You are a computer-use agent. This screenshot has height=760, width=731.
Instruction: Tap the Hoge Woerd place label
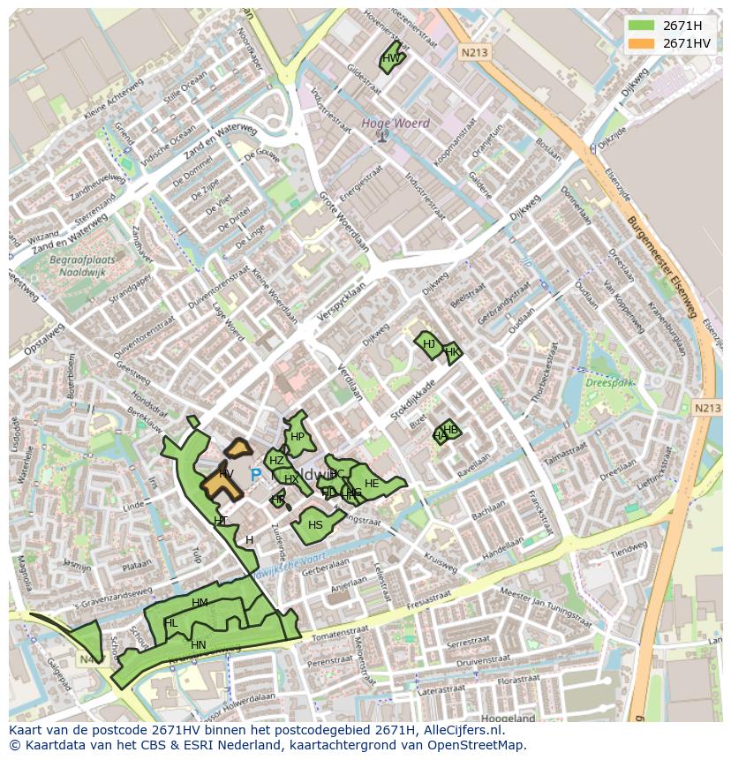click(396, 124)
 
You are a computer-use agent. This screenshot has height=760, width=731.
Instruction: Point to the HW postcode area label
click(391, 58)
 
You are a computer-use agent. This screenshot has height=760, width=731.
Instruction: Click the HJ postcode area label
click(429, 344)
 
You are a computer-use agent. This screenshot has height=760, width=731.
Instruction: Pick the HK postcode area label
click(452, 352)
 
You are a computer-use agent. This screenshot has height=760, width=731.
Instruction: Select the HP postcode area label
click(298, 437)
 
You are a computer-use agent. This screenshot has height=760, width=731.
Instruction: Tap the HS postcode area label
click(315, 525)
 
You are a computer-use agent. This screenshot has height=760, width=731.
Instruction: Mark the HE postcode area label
click(372, 484)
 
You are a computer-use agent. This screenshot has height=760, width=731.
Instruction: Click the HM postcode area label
click(200, 603)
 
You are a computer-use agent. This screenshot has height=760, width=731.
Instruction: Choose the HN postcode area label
click(198, 645)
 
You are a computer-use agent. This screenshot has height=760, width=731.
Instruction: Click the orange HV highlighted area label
click(226, 475)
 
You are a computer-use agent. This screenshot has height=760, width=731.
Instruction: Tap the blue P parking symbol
click(256, 475)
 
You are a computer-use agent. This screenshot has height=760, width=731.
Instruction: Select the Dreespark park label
click(610, 384)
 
